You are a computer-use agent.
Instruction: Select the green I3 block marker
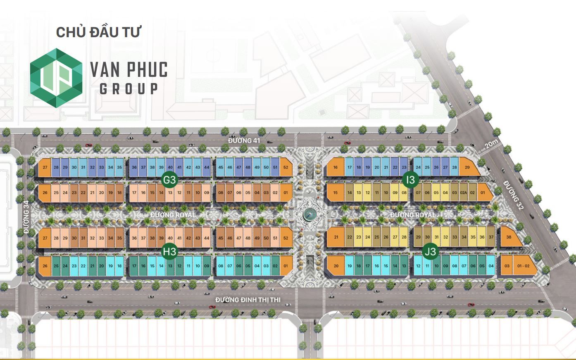tap(410, 180)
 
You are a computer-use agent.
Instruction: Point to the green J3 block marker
tap(431, 251)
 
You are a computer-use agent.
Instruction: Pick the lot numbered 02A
tap(463, 193)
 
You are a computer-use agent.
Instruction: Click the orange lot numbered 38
tap(509, 237)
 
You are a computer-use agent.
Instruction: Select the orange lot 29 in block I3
tap(467, 167)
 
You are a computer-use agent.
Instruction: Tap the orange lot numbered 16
tap(336, 167)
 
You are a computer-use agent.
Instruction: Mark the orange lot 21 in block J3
tap(336, 237)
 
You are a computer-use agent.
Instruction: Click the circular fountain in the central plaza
tap(308, 214)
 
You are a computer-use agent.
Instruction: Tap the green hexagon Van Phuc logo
tap(57, 78)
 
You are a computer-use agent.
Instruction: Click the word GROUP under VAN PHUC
tap(129, 89)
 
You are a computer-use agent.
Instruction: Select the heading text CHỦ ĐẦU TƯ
tap(99, 32)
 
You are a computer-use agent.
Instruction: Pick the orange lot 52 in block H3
tap(286, 238)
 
